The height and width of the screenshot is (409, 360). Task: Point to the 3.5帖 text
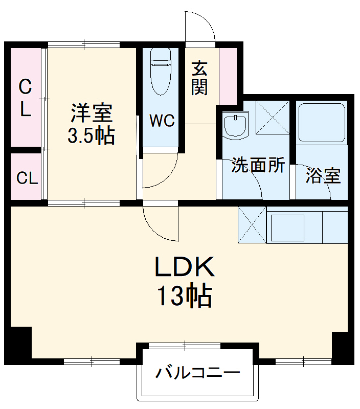(91, 135)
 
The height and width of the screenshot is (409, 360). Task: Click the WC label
(162, 121)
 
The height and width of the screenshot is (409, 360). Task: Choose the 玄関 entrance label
(200, 78)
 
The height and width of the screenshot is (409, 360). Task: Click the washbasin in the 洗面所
(235, 125)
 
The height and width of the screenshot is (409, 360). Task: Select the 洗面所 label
(258, 165)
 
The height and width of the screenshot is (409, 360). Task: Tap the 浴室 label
(323, 176)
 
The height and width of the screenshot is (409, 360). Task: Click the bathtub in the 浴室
(322, 123)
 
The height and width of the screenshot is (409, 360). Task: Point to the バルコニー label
(197, 372)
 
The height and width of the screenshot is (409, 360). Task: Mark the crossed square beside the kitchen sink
(252, 224)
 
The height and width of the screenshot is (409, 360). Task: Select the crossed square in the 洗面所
(272, 118)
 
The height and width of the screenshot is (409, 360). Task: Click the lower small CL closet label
(27, 178)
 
